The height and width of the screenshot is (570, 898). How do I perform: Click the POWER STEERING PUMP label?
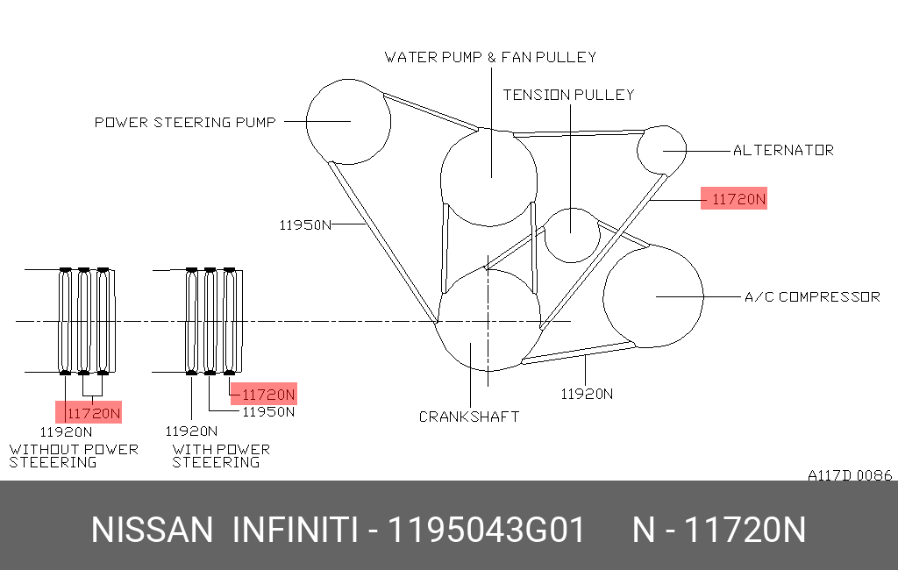(185, 122)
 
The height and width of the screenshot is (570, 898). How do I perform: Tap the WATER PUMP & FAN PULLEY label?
(490, 57)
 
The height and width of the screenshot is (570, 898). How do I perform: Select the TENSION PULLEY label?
(568, 95)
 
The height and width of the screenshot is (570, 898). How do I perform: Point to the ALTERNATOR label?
(783, 150)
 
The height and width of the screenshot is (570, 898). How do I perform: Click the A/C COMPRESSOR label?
(812, 296)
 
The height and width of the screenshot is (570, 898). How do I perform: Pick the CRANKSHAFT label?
(469, 417)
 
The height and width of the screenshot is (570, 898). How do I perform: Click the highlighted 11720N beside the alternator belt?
(738, 199)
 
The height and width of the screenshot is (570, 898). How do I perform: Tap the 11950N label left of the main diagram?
(305, 225)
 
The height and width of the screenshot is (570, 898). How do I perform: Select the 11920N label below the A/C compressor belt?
(587, 394)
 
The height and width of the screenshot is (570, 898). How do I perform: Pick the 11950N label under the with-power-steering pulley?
(268, 412)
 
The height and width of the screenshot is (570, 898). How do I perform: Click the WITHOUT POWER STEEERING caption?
(74, 456)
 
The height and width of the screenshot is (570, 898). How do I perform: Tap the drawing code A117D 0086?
(850, 475)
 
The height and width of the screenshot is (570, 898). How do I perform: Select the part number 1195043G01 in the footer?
(486, 530)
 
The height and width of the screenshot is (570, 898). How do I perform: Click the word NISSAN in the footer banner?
(152, 530)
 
